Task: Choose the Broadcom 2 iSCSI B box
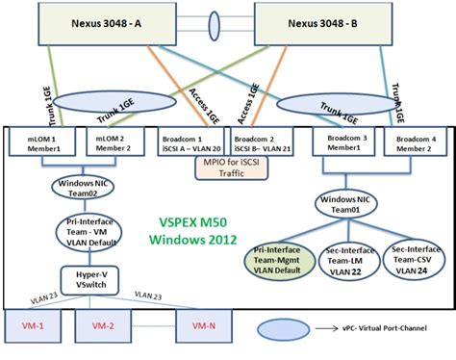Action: (251, 141)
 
